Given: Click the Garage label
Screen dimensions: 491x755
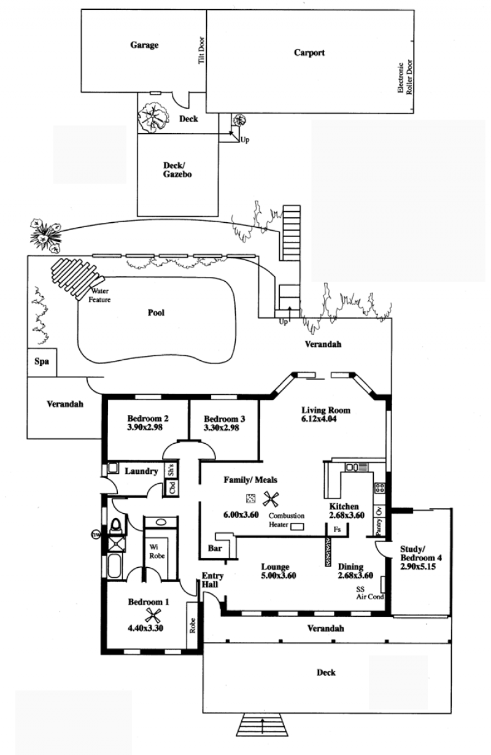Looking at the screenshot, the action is [144, 45].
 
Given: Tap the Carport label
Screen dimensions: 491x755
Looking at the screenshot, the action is [309, 53].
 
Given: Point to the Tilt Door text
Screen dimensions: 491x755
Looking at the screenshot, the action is [201, 50].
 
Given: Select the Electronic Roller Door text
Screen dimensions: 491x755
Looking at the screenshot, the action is [404, 77].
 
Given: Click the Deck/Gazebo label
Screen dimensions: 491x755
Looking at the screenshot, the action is [177, 170].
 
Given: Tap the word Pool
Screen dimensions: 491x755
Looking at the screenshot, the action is [156, 312].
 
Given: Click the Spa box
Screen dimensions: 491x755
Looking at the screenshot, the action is [42, 362].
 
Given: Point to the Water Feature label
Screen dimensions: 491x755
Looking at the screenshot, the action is [99, 295].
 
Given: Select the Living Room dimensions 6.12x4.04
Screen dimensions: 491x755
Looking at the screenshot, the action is [319, 419].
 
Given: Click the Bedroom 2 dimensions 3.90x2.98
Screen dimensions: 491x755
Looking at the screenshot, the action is [145, 427].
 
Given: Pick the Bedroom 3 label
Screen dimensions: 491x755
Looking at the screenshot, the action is [224, 419].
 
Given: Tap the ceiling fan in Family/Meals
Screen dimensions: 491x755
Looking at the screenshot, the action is [271, 499].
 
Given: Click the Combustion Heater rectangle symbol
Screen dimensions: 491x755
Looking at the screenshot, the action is [298, 526].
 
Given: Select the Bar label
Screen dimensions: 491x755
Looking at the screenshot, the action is [215, 548].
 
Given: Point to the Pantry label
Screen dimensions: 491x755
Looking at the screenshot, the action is [379, 526].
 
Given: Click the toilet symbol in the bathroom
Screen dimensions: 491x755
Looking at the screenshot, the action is [115, 526].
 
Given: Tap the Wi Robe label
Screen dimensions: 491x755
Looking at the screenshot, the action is [157, 551].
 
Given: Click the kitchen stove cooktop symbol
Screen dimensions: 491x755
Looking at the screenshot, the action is [379, 487].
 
